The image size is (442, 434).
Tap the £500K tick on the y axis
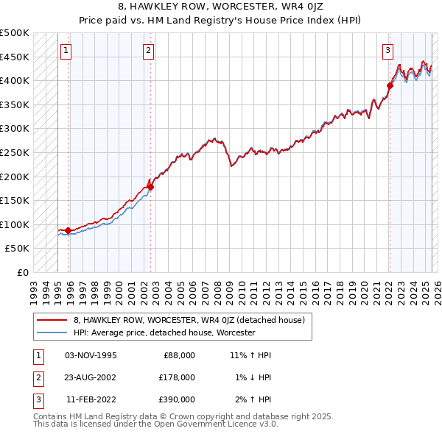15,33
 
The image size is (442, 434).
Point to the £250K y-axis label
15,152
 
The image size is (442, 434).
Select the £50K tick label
18,249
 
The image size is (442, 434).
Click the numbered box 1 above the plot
66,51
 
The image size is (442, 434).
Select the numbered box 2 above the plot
148,51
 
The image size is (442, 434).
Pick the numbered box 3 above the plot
387,51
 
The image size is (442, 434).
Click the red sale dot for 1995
68,230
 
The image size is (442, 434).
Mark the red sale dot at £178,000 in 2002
150,187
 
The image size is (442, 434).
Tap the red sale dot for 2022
390,85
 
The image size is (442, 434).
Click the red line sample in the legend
52,320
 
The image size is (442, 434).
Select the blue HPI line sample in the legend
52,332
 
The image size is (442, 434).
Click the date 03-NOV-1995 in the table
91,355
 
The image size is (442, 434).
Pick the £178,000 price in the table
177,377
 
